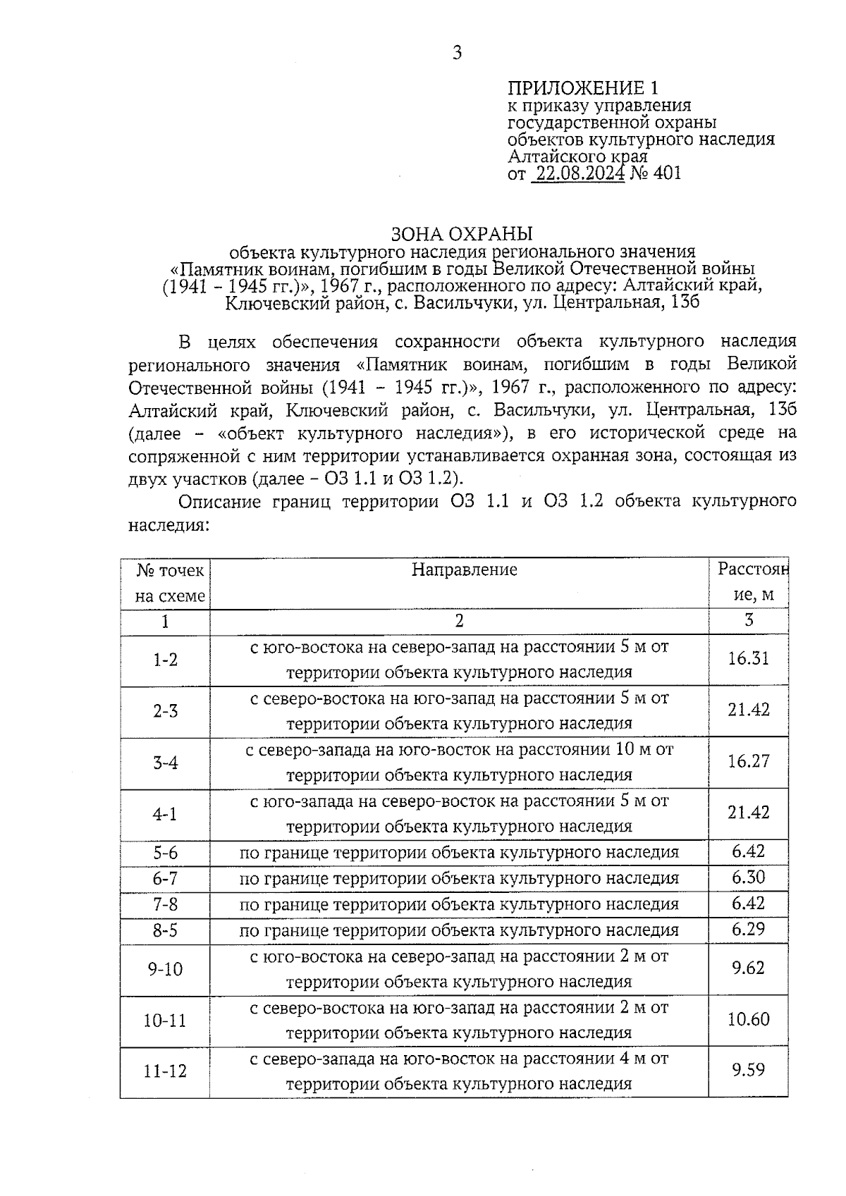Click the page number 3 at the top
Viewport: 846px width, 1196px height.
click(457, 52)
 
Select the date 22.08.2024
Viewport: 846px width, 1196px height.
click(579, 173)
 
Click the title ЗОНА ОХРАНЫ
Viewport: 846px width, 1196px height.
click(462, 233)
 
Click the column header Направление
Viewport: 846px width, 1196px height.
click(464, 569)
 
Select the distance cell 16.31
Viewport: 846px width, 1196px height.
click(748, 659)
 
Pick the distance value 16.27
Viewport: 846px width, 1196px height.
click(748, 762)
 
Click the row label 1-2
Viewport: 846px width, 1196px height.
click(166, 660)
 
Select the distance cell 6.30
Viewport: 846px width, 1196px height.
click(748, 877)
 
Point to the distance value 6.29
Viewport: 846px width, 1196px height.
click(748, 929)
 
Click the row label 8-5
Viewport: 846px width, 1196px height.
click(166, 931)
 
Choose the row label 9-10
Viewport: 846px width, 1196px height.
click(165, 970)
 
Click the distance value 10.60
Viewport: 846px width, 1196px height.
click(748, 1020)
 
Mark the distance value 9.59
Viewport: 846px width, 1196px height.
click(748, 1071)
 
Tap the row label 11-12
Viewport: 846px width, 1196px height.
click(165, 1072)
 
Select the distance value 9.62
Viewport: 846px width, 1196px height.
click(748, 968)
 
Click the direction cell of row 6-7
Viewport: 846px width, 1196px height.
click(459, 879)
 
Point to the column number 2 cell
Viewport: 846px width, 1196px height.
click(459, 621)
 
